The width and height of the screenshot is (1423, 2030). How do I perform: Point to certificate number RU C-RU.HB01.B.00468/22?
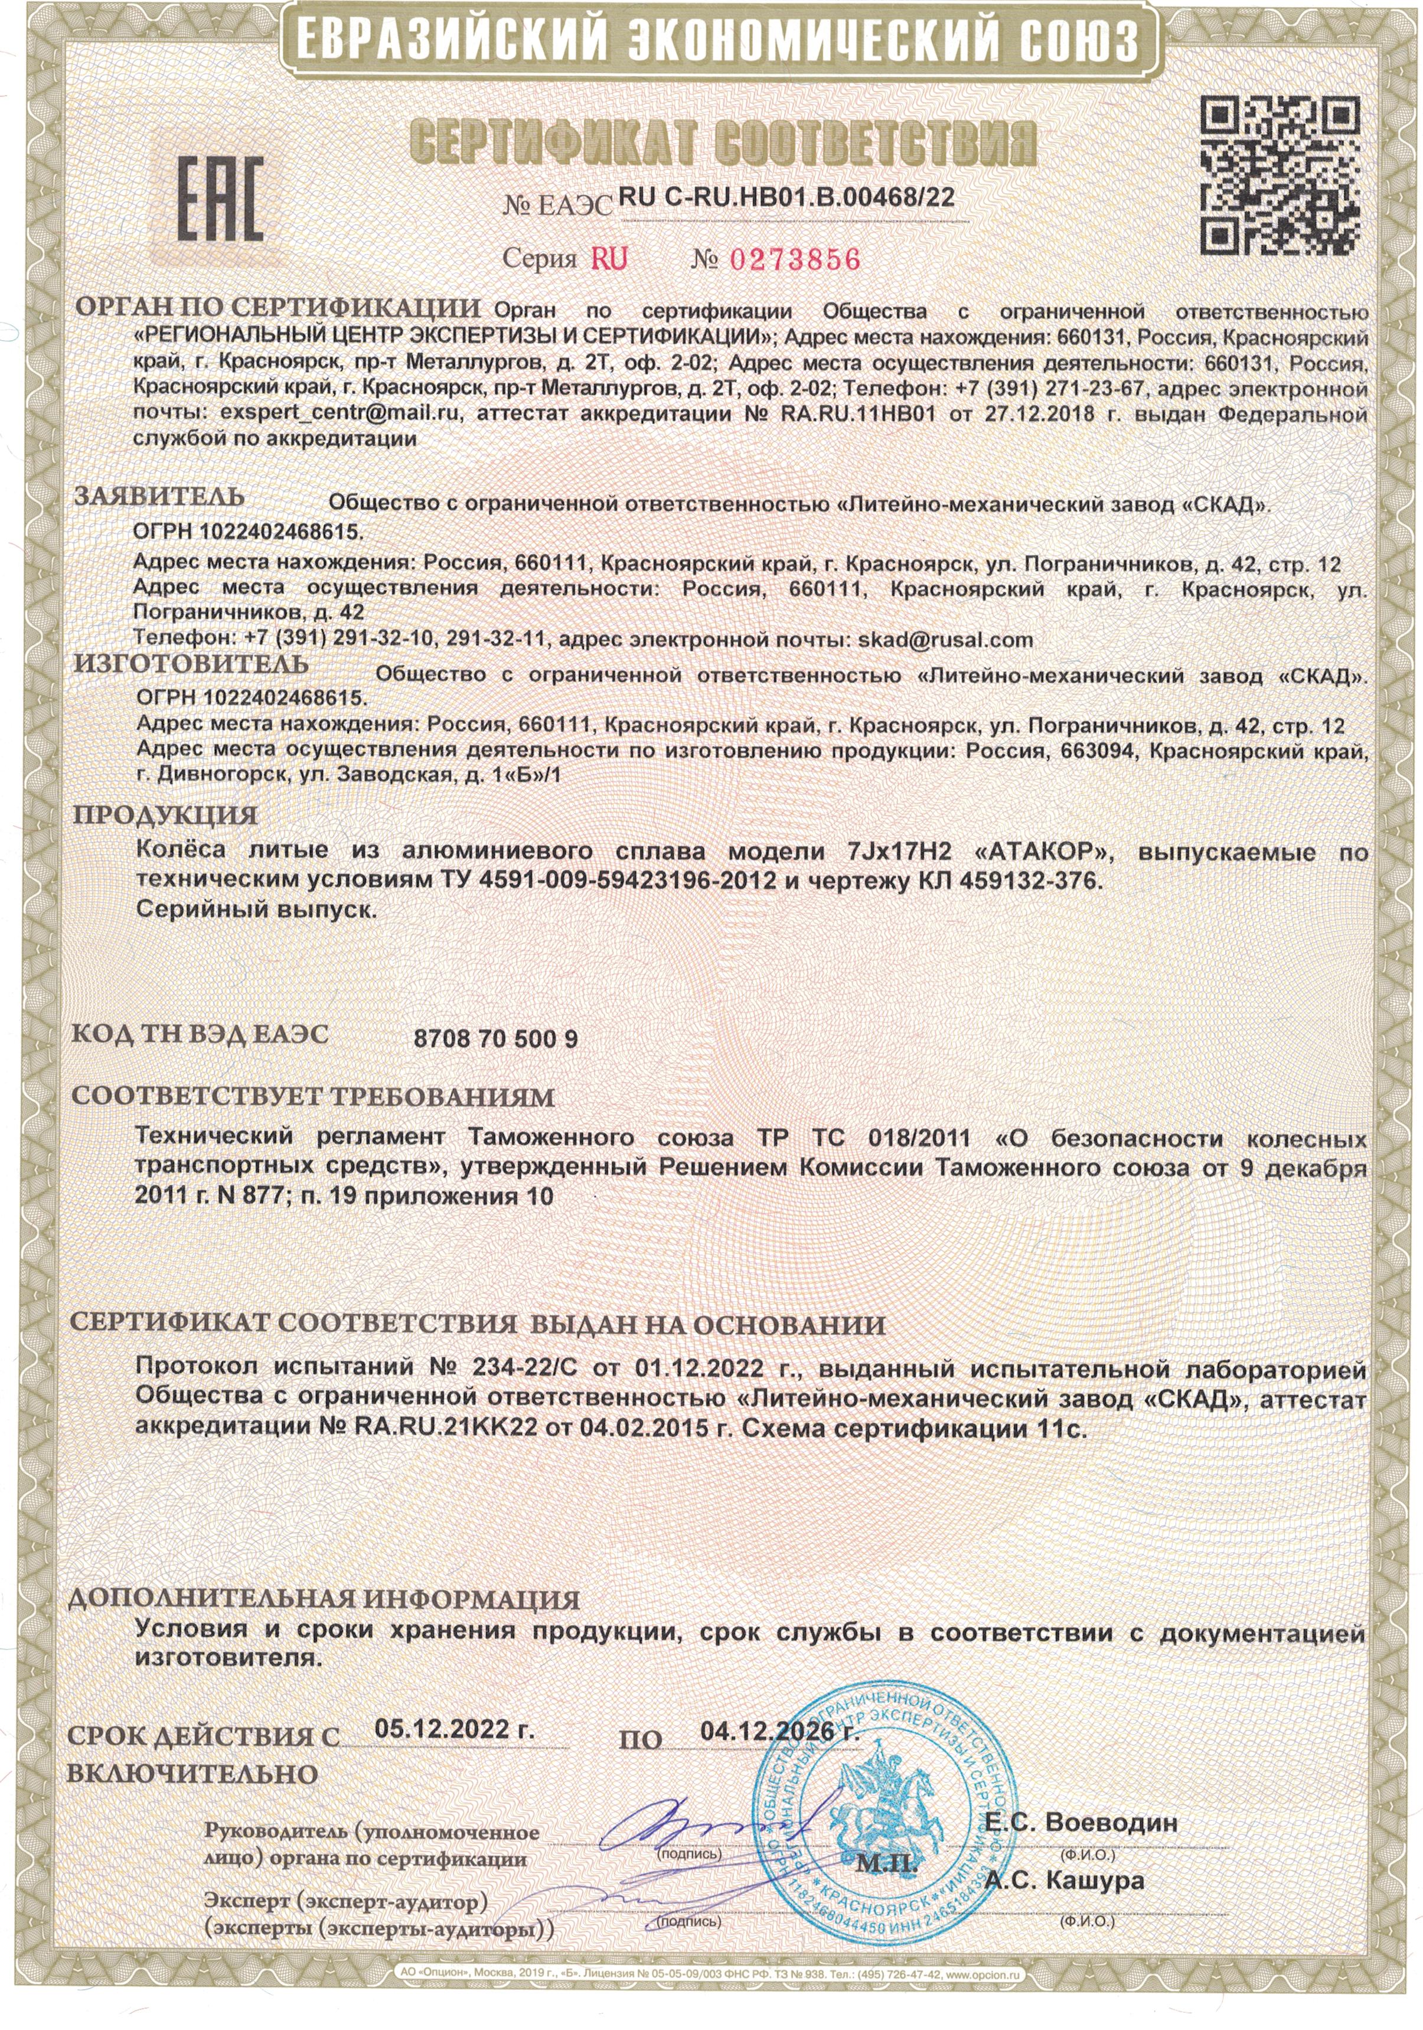pyautogui.click(x=786, y=198)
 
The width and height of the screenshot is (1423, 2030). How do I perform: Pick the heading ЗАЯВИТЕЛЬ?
pyautogui.click(x=159, y=497)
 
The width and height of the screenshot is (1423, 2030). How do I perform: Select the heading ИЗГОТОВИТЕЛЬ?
pyautogui.click(x=191, y=663)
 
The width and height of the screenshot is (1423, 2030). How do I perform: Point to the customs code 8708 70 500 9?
pyautogui.click(x=496, y=1039)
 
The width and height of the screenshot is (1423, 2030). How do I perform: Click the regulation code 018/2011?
pyautogui.click(x=919, y=1137)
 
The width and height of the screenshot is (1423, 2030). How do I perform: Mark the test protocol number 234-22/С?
pyautogui.click(x=523, y=1366)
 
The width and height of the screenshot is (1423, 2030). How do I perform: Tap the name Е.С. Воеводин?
pyautogui.click(x=1081, y=1823)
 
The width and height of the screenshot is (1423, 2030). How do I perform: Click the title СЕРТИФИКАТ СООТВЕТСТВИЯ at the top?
pyautogui.click(x=723, y=142)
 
